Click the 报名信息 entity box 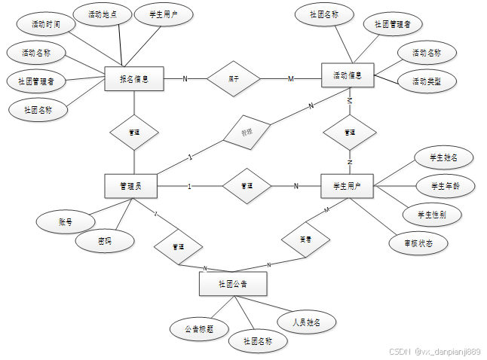click(134, 78)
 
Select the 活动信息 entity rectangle click(348, 75)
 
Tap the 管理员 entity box click(134, 185)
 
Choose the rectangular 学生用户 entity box click(347, 185)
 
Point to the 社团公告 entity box click(233, 284)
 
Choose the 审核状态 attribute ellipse click(418, 243)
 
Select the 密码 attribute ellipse click(105, 241)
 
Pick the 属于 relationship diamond click(234, 78)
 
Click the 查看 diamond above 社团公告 click(305, 239)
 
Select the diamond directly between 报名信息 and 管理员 click(134, 132)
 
